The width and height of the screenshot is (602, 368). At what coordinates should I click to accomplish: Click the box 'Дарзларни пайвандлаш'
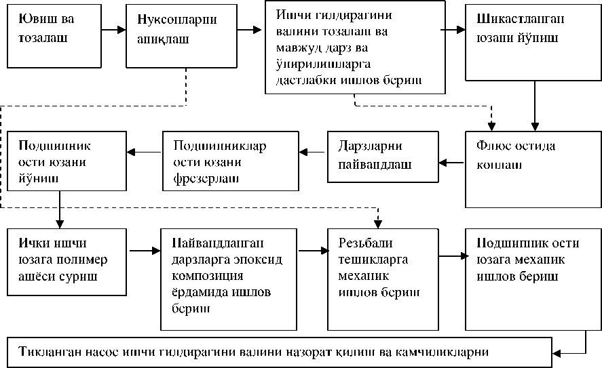381,156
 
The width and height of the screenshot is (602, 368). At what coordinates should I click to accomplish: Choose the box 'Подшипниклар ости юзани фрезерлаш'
229,161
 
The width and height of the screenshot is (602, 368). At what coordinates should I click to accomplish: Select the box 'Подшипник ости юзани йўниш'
66,161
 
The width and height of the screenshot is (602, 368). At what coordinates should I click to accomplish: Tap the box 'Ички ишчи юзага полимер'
66,262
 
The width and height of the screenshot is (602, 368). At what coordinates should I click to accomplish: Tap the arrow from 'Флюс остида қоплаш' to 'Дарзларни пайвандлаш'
451,162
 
